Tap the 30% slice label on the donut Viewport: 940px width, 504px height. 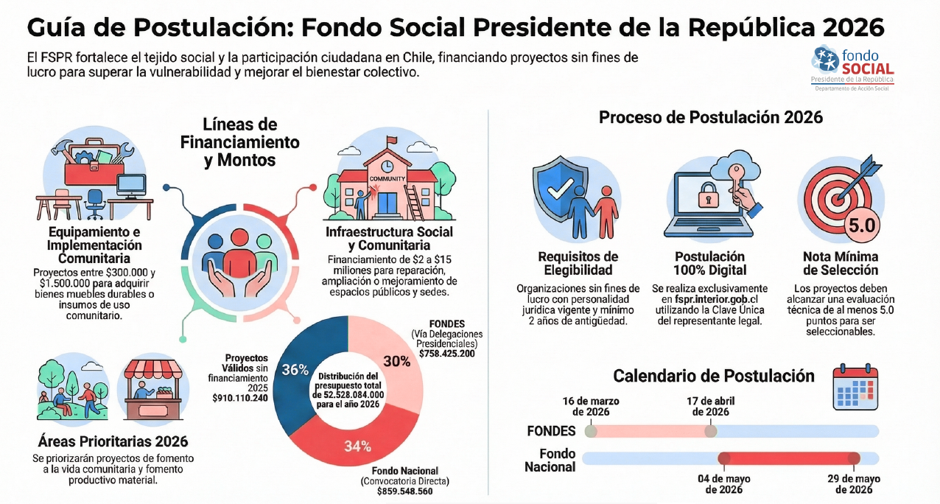[x=397, y=361]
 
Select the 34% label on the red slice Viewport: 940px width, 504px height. [x=357, y=445]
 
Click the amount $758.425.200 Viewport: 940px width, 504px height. [x=446, y=354]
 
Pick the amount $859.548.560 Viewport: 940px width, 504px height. [x=404, y=491]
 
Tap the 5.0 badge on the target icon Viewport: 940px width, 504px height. [x=860, y=225]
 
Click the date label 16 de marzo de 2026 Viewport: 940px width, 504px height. [x=590, y=406]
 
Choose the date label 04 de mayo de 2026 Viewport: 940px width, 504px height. [x=723, y=484]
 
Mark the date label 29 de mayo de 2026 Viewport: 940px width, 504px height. [x=854, y=484]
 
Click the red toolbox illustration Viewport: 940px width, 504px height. [x=92, y=165]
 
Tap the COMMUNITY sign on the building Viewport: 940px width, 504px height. [x=387, y=178]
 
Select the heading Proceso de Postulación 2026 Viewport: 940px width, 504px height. [x=710, y=118]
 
